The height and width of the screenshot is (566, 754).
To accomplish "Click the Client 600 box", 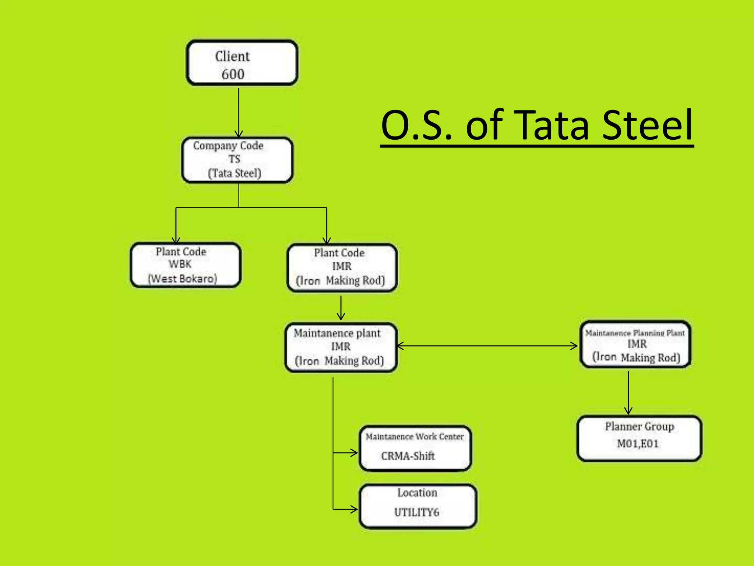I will click(242, 63).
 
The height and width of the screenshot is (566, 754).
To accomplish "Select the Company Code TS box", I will click(237, 160).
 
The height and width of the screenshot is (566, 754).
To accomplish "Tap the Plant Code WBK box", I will click(186, 265).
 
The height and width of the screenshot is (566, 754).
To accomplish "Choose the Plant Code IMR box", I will click(342, 268).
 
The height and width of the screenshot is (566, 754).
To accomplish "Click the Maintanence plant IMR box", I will click(341, 347).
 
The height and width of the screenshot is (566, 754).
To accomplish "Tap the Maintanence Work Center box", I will click(415, 448).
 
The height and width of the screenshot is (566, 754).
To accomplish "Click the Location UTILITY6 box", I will click(418, 506).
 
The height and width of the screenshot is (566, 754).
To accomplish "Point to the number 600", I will click(233, 74).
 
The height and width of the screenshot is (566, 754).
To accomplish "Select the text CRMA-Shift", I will click(408, 456).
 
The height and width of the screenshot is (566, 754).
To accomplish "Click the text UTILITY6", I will click(417, 513).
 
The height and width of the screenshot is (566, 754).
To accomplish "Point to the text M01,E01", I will click(638, 444).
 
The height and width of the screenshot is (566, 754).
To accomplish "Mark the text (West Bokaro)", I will click(183, 279).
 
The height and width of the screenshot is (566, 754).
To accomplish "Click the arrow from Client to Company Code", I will click(239, 112).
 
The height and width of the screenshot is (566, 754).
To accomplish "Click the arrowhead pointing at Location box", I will click(354, 510).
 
